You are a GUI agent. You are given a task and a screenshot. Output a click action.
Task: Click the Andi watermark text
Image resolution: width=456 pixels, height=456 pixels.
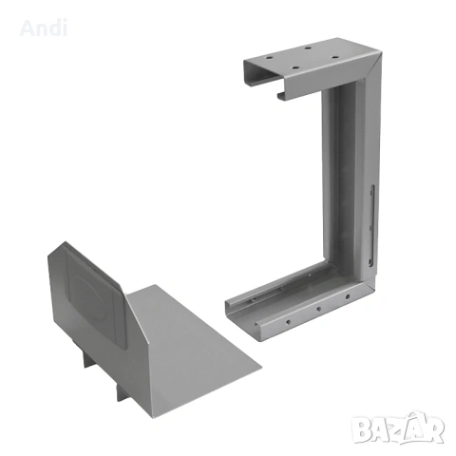pyautogui.click(x=44, y=28)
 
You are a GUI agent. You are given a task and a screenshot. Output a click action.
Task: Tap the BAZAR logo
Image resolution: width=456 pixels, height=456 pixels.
pyautogui.click(x=398, y=427)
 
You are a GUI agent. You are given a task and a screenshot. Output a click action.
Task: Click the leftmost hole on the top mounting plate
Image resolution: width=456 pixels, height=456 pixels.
pyautogui.click(x=269, y=58)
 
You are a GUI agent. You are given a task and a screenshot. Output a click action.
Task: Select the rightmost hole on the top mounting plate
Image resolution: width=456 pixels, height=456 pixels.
pyautogui.click(x=335, y=57)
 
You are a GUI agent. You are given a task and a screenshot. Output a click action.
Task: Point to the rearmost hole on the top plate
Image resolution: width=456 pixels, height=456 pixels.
pyautogui.click(x=308, y=47)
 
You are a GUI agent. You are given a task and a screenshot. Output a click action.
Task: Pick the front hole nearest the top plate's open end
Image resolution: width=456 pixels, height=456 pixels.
pyautogui.click(x=295, y=67)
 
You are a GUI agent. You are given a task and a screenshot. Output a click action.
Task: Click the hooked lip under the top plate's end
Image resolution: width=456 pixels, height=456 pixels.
pyautogui.click(x=281, y=96)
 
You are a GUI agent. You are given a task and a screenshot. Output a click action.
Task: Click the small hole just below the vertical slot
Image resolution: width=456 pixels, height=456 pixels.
pyautogui.click(x=370, y=227)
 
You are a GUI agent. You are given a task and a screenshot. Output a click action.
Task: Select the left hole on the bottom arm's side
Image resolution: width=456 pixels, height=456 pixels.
pyautogui.click(x=288, y=322)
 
